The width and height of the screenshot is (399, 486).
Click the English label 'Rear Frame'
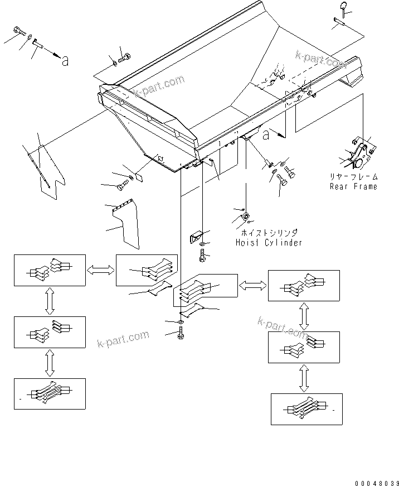click(x=353, y=186)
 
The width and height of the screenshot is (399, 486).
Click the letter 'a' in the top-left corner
click(x=65, y=62)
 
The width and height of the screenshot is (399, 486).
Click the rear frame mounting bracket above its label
click(x=358, y=155)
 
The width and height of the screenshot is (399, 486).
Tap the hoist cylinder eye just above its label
click(x=246, y=216)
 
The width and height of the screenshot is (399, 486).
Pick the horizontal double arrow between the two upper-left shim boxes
click(x=100, y=270)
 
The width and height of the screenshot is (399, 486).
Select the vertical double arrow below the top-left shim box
click(x=50, y=301)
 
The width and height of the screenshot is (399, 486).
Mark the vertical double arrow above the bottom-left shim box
click(x=50, y=364)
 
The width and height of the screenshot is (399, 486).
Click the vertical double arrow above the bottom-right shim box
click(x=304, y=379)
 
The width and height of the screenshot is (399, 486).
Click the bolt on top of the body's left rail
click(x=124, y=56)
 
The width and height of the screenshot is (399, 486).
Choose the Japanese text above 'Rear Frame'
click(x=353, y=176)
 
